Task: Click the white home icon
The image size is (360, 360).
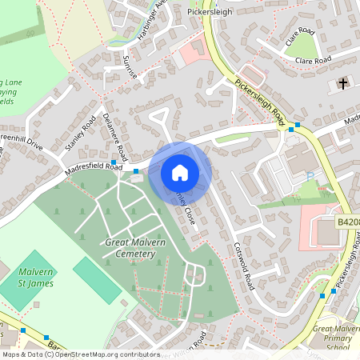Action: pyautogui.click(x=180, y=173)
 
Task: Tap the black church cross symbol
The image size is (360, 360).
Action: pyautogui.click(x=343, y=83)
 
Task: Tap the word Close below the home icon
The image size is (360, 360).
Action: pyautogui.click(x=185, y=214)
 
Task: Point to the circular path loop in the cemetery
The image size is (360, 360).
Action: pyautogui.click(x=194, y=274)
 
